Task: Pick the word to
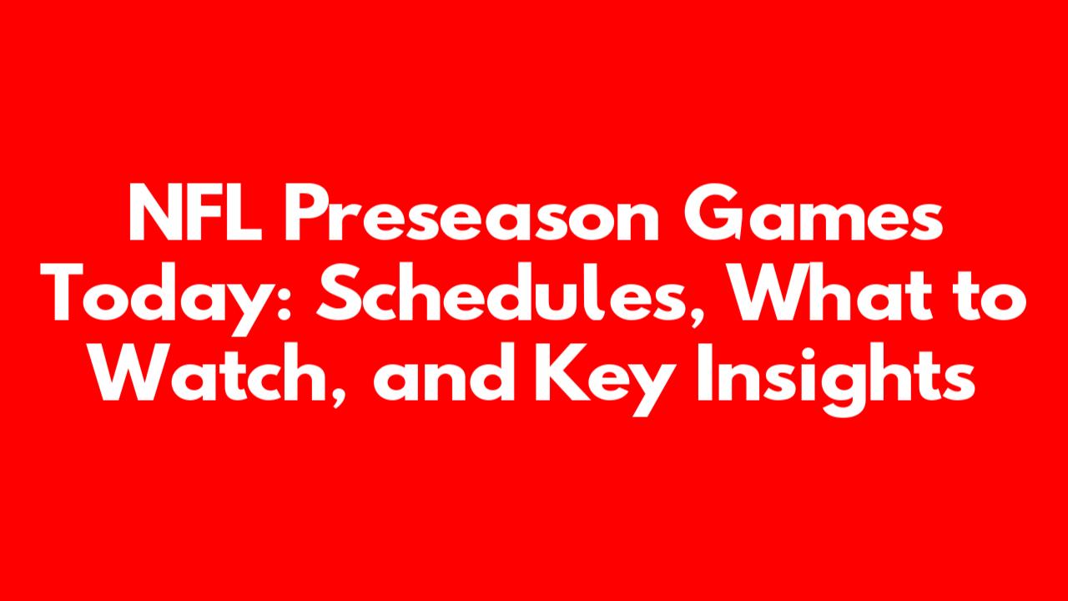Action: click(989, 295)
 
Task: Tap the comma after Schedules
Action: click(699, 318)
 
